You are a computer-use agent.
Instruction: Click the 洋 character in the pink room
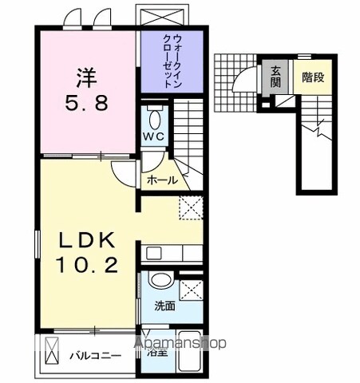tap(87, 78)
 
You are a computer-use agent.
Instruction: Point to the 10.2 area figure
tap(86, 264)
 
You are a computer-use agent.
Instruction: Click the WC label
tap(154, 136)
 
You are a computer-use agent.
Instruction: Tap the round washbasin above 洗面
tap(160, 282)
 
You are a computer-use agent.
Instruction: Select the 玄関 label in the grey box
tap(275, 77)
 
